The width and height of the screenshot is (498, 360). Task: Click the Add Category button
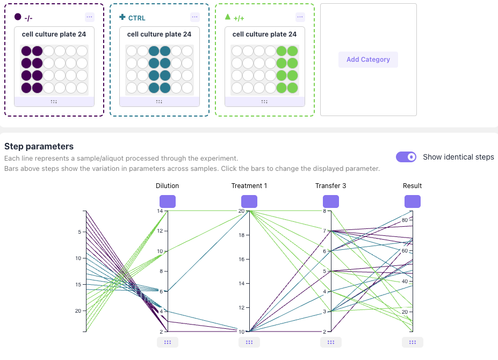point(368,60)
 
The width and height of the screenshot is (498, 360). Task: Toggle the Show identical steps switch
point(406,157)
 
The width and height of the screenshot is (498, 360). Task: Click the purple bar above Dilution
point(168,201)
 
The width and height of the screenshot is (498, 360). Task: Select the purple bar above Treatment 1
point(249,201)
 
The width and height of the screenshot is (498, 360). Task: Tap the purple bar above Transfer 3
point(331,201)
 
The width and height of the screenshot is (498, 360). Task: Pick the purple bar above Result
point(413,201)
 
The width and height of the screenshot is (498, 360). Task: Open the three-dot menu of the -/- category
point(89,17)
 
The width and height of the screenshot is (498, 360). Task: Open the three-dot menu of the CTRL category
point(194,17)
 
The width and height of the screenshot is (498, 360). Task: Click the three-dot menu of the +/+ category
point(300,17)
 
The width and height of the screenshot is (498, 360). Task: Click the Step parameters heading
point(39,146)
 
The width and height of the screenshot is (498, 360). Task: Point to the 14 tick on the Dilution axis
point(160,211)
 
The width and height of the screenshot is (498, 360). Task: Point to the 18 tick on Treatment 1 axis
point(242,235)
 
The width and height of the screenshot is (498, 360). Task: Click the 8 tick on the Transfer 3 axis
point(324,211)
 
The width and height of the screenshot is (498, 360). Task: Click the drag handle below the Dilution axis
point(168,342)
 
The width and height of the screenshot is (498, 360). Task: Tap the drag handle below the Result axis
point(413,342)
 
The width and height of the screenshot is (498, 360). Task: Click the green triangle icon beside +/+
point(228,17)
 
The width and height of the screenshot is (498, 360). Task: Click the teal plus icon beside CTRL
point(122,17)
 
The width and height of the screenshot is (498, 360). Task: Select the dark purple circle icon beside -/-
point(18,17)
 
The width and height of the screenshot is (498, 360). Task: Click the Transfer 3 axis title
point(331,186)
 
